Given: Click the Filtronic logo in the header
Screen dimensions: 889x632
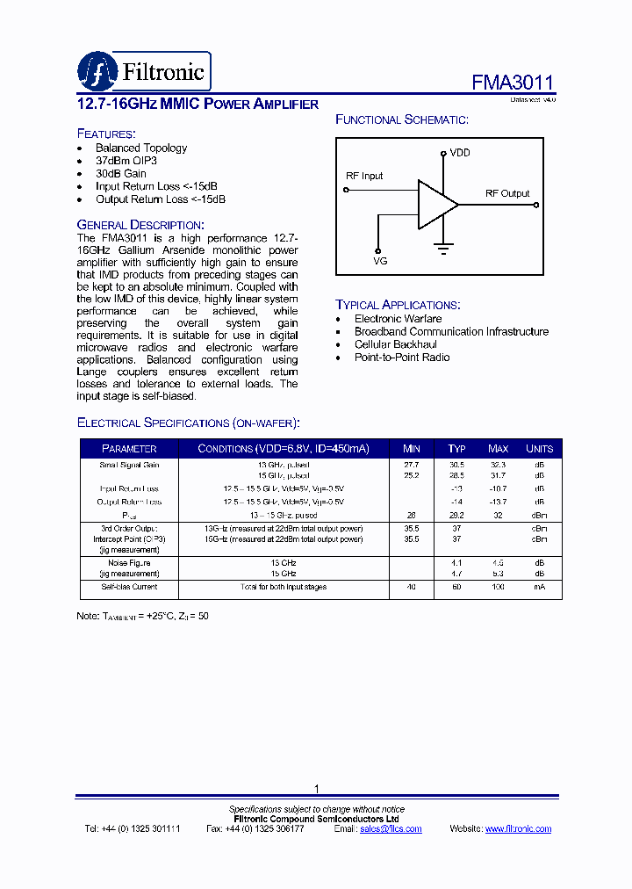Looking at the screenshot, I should [x=144, y=70].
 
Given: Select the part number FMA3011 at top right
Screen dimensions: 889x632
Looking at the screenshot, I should [x=513, y=83].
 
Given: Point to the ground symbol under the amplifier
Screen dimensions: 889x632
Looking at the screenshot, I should [x=443, y=249].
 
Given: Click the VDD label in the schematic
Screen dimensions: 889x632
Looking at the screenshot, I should [x=460, y=153].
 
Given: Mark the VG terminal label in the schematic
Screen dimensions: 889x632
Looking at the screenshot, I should [x=379, y=261].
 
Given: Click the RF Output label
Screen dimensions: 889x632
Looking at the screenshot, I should [x=507, y=193].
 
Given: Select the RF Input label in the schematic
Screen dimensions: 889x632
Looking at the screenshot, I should [x=364, y=176].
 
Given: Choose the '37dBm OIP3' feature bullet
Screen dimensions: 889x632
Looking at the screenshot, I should [x=126, y=161].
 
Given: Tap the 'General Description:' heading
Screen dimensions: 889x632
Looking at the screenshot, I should [x=140, y=225].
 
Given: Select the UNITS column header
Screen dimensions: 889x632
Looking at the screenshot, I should [x=539, y=449].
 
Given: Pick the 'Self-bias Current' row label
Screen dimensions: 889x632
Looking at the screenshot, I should [x=129, y=587].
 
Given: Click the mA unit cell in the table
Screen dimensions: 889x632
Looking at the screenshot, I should [x=539, y=587].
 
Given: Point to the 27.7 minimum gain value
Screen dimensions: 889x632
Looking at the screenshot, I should [x=411, y=464].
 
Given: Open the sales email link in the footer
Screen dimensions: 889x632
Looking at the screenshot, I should [x=391, y=829].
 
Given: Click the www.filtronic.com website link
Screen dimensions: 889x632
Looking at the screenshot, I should [x=518, y=829].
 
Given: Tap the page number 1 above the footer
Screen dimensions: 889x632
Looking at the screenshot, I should [x=317, y=789].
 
